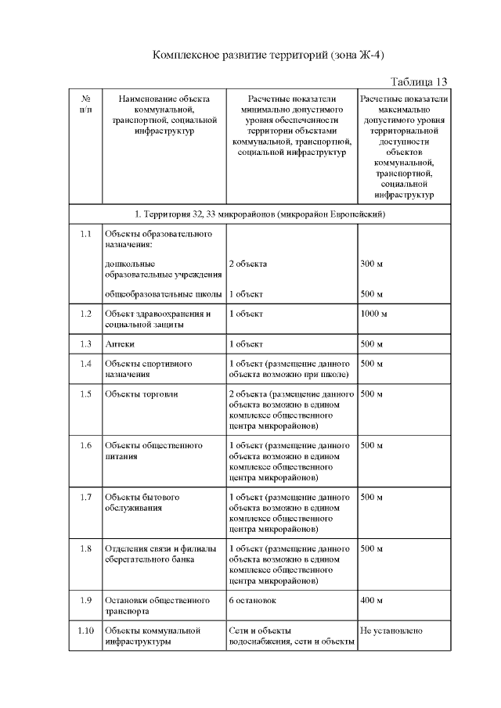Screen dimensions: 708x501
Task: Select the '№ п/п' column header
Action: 85,104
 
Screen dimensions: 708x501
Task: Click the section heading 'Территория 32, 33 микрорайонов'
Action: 259,214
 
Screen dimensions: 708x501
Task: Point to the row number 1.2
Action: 85,314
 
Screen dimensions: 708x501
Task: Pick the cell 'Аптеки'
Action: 119,343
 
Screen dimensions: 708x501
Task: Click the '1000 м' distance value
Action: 374,314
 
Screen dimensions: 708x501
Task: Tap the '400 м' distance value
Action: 371,600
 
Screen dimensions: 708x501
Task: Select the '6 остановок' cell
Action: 252,600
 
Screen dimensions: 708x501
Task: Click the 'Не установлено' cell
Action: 391,630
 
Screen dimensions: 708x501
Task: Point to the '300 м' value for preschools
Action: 371,264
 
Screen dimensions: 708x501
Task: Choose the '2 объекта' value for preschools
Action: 248,264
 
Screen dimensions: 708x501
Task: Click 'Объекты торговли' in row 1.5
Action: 142,394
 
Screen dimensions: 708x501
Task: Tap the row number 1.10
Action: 85,630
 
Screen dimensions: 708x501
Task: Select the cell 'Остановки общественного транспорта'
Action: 157,606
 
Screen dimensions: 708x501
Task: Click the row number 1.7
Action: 85,497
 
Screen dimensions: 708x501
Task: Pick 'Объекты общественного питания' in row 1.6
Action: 153,451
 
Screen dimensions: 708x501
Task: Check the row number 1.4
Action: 85,364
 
